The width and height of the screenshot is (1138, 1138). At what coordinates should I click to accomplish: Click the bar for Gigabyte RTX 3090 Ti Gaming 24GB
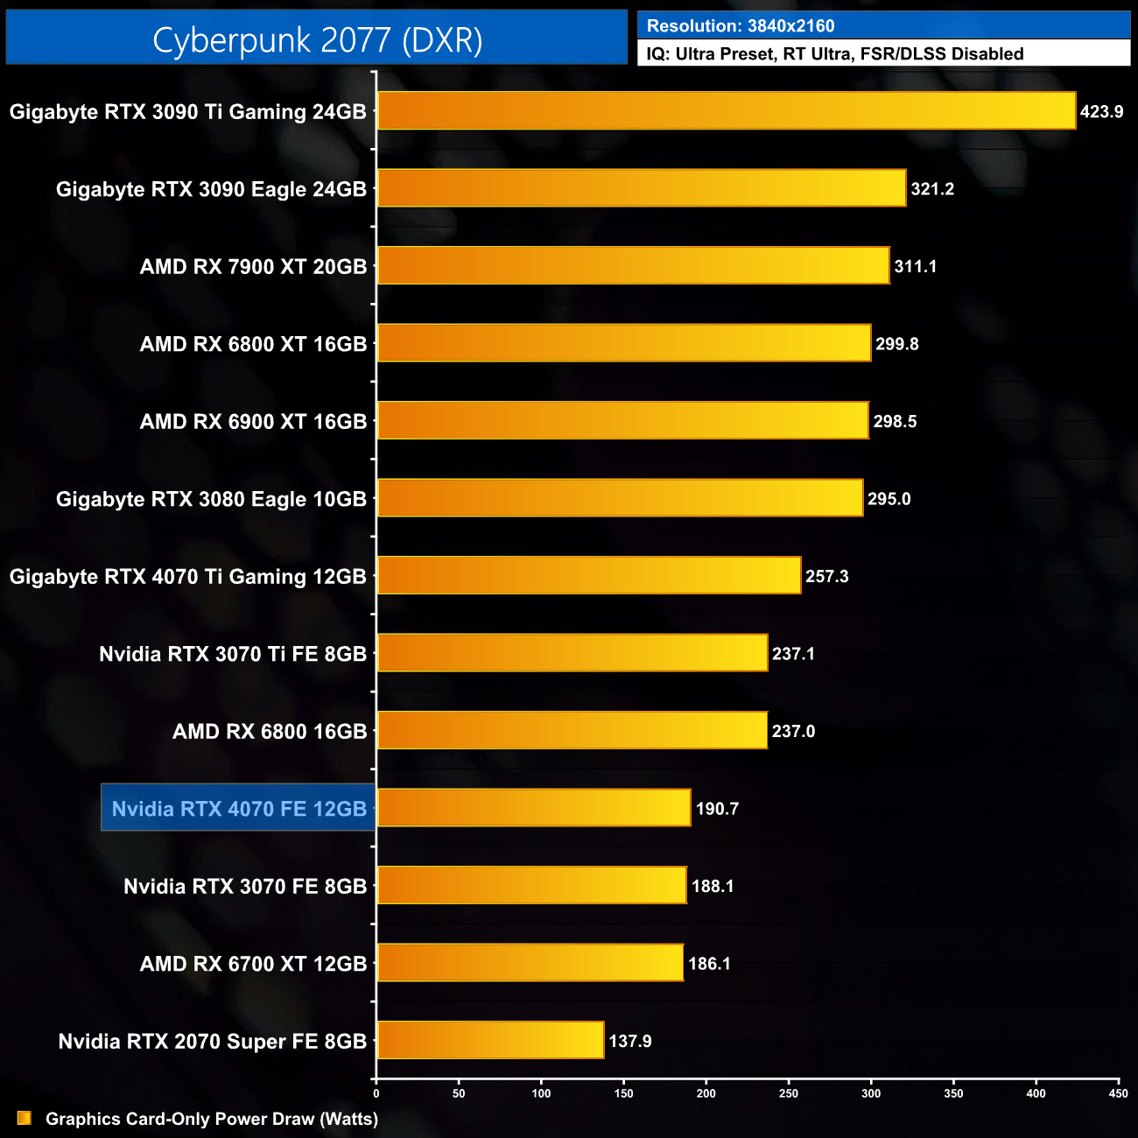point(727,111)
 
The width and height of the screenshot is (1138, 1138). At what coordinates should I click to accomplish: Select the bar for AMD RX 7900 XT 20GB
point(633,266)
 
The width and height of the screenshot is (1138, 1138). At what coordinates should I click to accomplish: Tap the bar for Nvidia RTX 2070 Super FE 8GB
point(490,1040)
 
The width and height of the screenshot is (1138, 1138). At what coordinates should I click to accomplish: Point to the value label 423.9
point(1101,112)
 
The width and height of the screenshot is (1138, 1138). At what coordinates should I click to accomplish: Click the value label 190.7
point(717,809)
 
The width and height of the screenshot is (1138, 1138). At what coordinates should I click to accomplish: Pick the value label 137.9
point(630,1041)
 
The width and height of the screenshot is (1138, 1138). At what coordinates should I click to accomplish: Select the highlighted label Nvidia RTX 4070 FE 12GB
point(239,808)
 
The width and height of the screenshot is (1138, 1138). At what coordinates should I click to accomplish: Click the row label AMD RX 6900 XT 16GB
point(253,421)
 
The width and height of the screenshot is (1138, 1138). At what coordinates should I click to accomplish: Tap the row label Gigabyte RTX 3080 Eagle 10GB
point(211,499)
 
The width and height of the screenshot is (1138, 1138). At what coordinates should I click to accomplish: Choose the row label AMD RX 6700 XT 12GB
point(253,964)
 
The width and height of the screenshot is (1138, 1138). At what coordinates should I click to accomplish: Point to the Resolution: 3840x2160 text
point(741,25)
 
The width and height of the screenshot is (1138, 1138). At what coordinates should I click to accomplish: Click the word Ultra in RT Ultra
point(830,54)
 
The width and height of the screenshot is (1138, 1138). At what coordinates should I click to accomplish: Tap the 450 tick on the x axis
point(1118,1093)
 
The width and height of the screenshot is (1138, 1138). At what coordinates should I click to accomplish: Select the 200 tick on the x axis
point(706,1093)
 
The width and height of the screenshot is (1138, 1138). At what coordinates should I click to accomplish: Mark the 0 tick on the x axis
point(376,1093)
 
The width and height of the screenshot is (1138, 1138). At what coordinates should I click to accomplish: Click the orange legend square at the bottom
point(25,1118)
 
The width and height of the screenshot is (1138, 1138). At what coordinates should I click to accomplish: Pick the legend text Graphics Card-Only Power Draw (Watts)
point(212,1119)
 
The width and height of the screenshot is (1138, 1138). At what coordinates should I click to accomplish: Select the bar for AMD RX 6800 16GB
point(572,730)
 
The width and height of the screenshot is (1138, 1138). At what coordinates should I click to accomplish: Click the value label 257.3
point(826,576)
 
